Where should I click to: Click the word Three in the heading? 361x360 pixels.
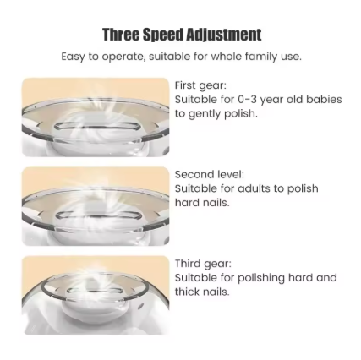[x=121, y=35]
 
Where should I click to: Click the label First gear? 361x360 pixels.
[x=200, y=85]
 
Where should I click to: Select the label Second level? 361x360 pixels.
[x=210, y=174]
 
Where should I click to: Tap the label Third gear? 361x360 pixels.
[x=203, y=264]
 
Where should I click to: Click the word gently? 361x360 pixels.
[x=205, y=114]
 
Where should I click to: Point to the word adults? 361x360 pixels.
[x=254, y=188]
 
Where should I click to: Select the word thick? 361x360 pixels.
[x=186, y=292]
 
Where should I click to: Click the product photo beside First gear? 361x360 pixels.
[x=96, y=117]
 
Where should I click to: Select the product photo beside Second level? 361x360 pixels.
[x=96, y=206]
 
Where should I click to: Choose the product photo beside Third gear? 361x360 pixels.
[x=96, y=296]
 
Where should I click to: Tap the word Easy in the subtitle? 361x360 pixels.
[x=73, y=57]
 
